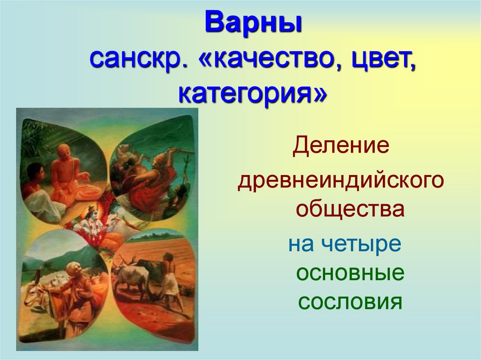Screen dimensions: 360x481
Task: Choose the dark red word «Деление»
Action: [x=341, y=147]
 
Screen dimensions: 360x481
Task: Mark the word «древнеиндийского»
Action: [x=341, y=182]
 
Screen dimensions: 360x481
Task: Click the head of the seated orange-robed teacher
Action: [x=63, y=153]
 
